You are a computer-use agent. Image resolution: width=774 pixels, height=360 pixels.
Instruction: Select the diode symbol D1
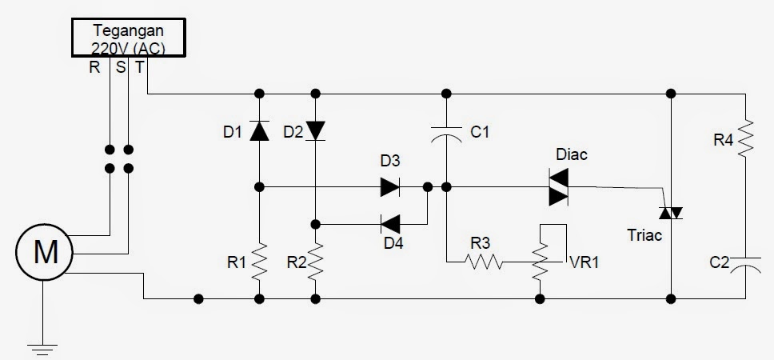(258, 130)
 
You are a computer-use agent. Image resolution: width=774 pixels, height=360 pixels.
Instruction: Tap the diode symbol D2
(317, 130)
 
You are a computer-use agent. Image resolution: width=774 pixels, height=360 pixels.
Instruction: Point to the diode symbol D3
(390, 187)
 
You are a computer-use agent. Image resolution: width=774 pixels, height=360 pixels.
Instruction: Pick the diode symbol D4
(390, 223)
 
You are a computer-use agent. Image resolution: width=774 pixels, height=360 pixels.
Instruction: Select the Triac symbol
(669, 212)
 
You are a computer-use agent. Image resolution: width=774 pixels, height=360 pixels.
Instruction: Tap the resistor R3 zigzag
(485, 261)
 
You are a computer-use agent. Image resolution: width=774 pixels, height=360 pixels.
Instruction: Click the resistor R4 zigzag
(745, 138)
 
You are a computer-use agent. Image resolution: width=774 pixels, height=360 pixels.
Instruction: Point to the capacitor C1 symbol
(446, 132)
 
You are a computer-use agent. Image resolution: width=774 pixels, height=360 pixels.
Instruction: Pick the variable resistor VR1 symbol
(541, 261)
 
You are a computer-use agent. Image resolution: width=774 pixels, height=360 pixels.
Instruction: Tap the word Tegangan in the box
(129, 31)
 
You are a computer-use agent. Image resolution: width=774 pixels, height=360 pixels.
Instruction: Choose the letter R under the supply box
(94, 67)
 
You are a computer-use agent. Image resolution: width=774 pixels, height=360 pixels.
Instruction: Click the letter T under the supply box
(140, 67)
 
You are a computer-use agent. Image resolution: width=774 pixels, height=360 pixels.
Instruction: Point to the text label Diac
(572, 154)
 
